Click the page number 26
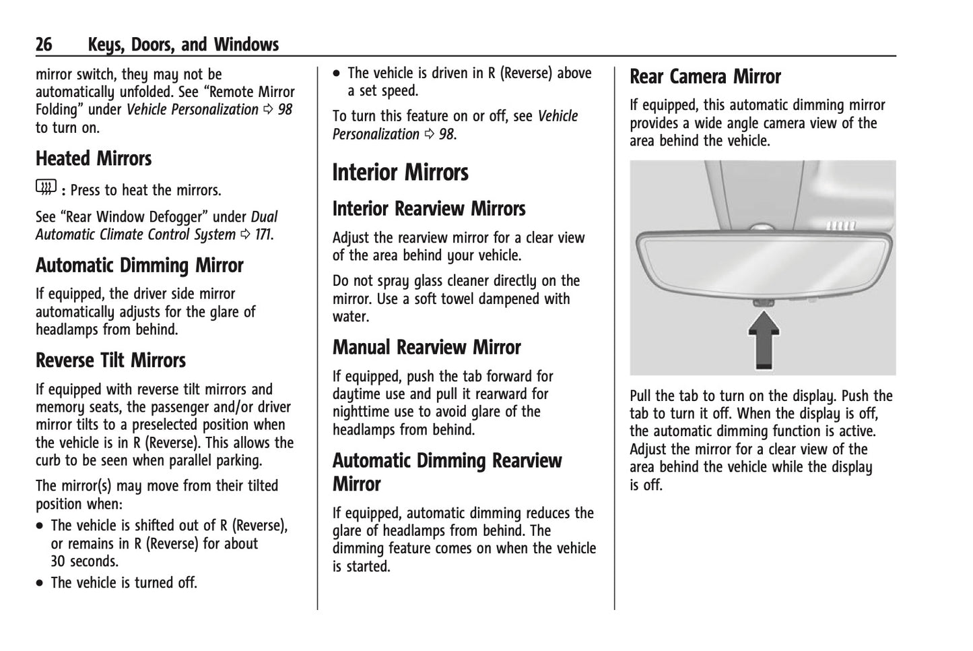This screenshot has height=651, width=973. pos(44,45)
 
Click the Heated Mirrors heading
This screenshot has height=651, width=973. pos(94,159)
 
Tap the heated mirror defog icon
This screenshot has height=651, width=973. pos(46,189)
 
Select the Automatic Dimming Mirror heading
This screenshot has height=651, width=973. pos(139,266)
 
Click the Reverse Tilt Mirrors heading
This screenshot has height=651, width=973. pos(110,361)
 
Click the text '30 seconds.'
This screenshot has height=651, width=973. pos(84,561)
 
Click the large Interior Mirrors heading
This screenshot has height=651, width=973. pos(400,173)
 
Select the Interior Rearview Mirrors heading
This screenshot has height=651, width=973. pos(428,209)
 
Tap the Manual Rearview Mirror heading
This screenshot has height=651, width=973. pos(426,348)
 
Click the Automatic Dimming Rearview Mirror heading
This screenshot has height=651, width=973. pos(446,472)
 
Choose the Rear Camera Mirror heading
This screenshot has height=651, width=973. pos(705,77)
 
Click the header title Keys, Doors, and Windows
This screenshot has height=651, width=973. pos(183,45)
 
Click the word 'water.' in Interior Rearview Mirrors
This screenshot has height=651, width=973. pos(350,317)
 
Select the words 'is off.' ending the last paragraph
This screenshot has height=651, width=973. pos(646,485)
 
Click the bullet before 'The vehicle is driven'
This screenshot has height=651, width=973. pos(337,73)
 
